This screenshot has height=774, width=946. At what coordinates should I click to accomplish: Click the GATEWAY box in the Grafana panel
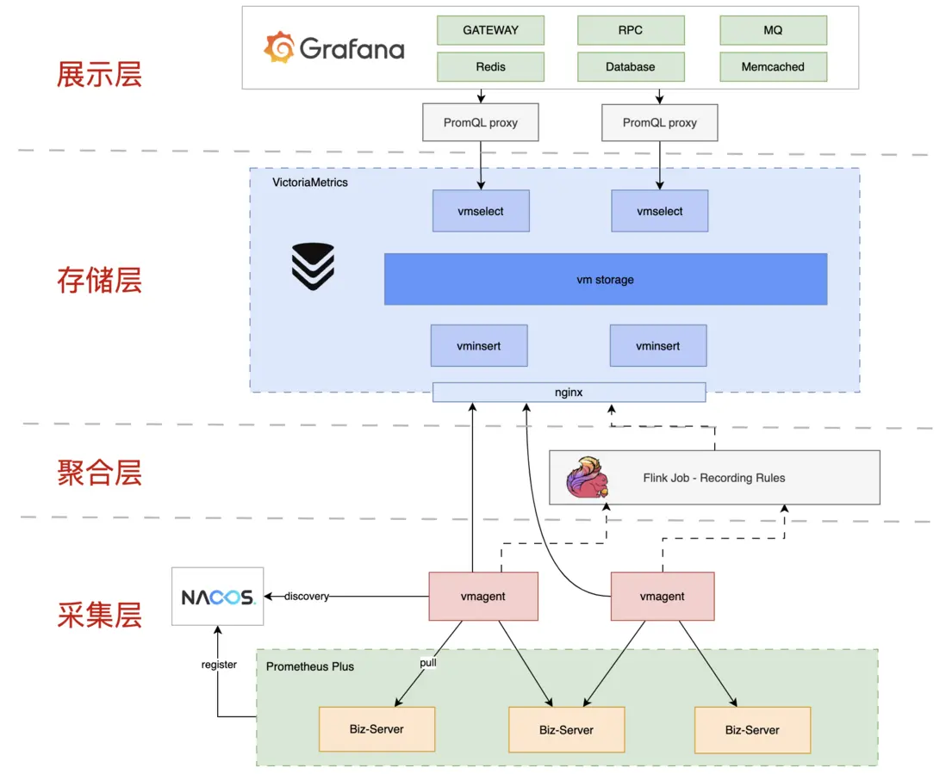pyautogui.click(x=490, y=30)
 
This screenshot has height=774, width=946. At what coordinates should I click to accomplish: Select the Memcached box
pyautogui.click(x=773, y=67)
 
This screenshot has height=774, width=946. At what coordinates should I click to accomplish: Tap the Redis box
pyautogui.click(x=490, y=67)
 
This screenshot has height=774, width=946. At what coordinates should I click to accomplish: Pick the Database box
pyautogui.click(x=631, y=67)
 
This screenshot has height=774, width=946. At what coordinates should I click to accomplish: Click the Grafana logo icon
pyautogui.click(x=279, y=48)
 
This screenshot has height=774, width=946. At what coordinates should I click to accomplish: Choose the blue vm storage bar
pyautogui.click(x=605, y=279)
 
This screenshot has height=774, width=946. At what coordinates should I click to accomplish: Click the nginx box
pyautogui.click(x=569, y=393)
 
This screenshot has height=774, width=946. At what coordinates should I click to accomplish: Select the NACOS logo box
pyautogui.click(x=218, y=597)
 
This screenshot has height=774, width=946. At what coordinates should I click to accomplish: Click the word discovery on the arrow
pyautogui.click(x=307, y=597)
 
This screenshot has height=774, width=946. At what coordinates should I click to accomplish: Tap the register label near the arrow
pyautogui.click(x=219, y=665)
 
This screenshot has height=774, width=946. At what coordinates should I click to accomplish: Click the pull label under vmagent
pyautogui.click(x=427, y=662)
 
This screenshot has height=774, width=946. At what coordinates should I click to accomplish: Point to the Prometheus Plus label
pyautogui.click(x=310, y=666)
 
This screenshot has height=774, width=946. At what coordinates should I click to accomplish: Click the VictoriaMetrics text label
pyautogui.click(x=310, y=183)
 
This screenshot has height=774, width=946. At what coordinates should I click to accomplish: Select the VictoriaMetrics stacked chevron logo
pyautogui.click(x=312, y=266)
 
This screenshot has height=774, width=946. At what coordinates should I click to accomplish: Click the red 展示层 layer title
pyautogui.click(x=99, y=74)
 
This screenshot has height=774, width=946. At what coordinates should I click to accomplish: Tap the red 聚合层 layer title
pyautogui.click(x=99, y=473)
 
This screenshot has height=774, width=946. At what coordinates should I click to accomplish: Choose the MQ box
pyautogui.click(x=773, y=30)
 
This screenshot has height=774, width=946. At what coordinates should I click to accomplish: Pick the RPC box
pyautogui.click(x=631, y=30)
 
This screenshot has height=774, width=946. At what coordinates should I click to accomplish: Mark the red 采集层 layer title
pyautogui.click(x=99, y=615)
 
